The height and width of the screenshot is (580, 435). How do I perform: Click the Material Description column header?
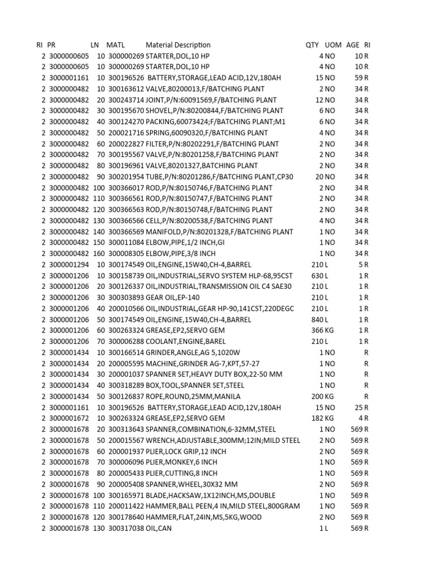coord(178,45)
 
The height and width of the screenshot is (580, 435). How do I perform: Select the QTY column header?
coord(312,45)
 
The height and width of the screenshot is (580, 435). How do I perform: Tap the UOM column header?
coord(334,45)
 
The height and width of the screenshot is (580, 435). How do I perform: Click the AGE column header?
coord(352,45)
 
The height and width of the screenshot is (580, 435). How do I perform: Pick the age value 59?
coord(359,78)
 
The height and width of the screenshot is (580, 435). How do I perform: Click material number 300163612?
coord(126,89)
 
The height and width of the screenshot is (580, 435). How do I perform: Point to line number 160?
coord(99,253)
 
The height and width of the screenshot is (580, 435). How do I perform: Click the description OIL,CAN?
coord(159,528)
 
